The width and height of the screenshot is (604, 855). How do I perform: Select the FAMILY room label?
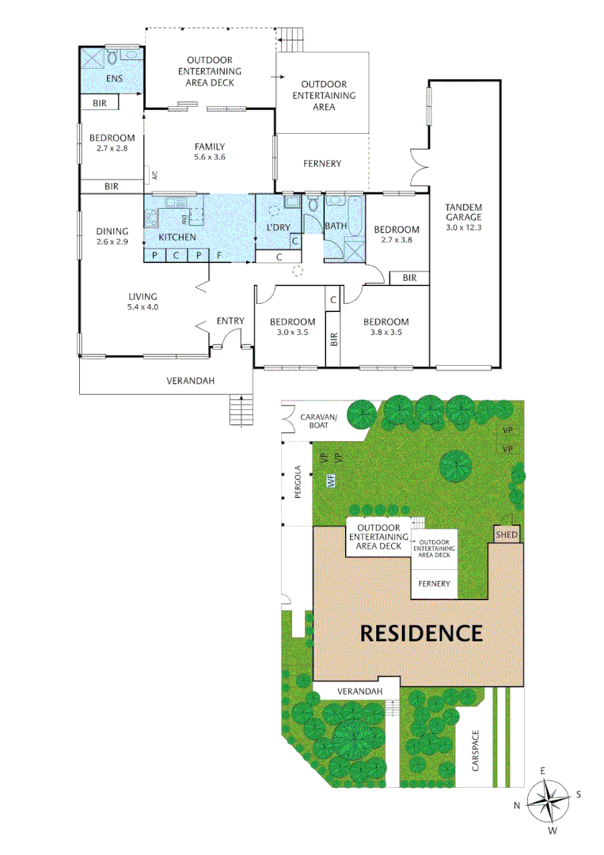(x=210, y=146)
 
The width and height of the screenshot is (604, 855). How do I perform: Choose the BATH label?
(x=336, y=226)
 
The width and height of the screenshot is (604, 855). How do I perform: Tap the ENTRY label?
(x=230, y=321)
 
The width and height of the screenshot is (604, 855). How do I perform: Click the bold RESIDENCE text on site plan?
(x=421, y=633)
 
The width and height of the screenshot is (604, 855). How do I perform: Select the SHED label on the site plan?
(x=507, y=535)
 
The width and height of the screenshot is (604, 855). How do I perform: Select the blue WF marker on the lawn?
(x=331, y=480)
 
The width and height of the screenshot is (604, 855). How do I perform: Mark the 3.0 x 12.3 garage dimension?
(x=463, y=227)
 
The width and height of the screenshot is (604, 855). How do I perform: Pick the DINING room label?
(x=112, y=231)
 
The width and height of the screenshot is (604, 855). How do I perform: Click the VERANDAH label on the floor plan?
(x=191, y=381)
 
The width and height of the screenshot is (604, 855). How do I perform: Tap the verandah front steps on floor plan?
(x=240, y=410)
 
